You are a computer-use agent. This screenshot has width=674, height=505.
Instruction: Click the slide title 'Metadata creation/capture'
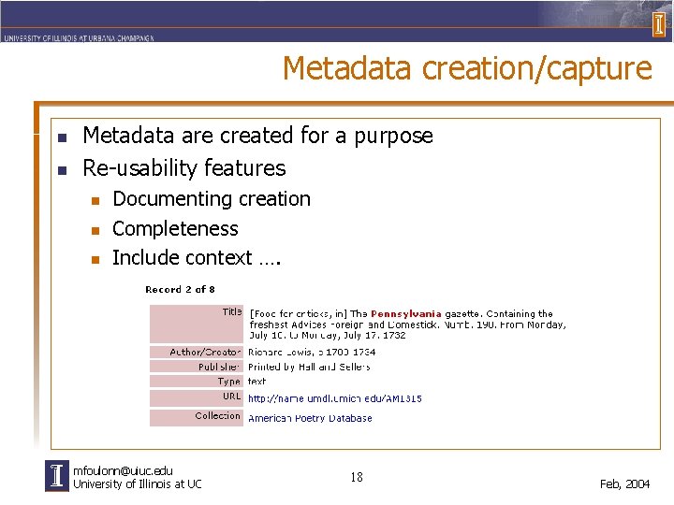466,68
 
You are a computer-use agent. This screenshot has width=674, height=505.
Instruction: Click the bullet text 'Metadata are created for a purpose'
257,136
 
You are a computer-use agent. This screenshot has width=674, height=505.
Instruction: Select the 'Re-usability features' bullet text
184,168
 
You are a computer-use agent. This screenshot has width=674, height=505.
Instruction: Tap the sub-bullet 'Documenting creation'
211,199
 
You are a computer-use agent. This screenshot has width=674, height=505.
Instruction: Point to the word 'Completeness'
175,228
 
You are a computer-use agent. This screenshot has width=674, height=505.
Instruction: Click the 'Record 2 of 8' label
180,289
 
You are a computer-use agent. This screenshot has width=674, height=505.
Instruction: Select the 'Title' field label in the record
231,311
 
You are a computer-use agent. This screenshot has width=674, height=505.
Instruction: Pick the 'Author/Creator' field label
205,353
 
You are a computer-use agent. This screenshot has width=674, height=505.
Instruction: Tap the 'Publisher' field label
219,368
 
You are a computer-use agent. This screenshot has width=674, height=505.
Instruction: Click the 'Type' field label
228,382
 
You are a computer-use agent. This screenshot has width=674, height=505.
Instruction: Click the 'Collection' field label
217,416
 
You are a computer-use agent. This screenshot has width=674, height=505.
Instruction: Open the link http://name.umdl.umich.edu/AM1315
334,398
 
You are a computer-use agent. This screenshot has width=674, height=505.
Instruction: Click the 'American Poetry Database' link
309,418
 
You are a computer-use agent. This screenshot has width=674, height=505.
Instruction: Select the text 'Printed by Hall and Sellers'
308,368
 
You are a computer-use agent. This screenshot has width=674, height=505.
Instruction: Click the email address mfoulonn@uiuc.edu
123,470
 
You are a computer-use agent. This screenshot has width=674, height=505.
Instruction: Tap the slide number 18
356,478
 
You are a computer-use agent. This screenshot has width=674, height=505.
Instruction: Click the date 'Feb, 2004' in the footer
624,483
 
